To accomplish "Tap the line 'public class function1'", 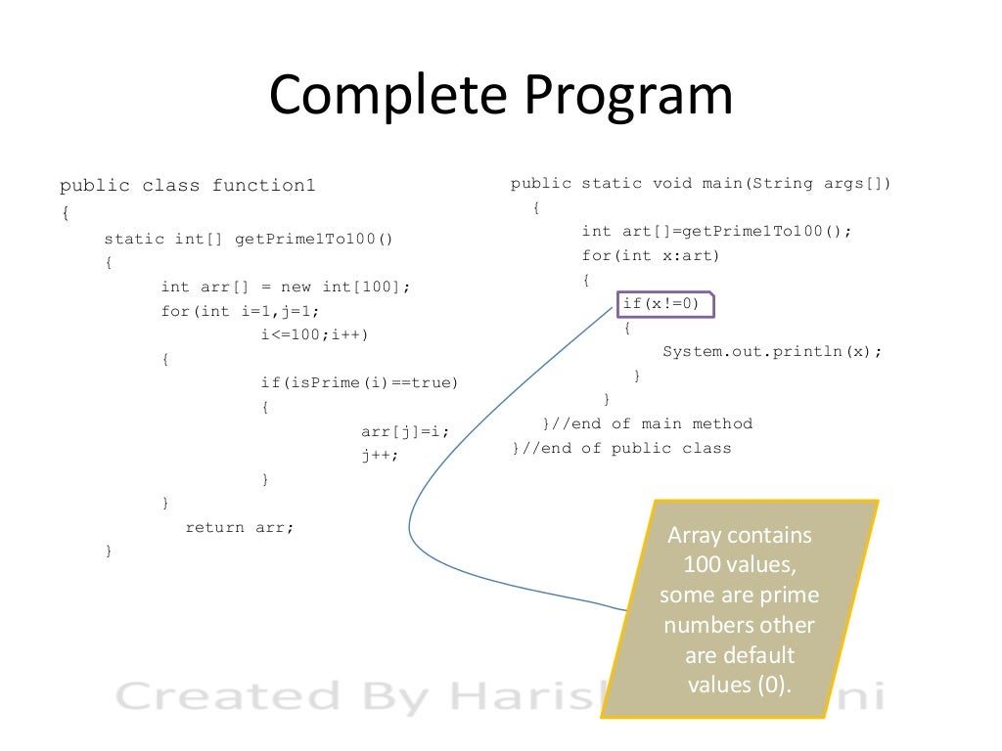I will click(188, 186).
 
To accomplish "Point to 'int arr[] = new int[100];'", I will click(287, 287).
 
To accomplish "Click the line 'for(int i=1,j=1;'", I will click(241, 312).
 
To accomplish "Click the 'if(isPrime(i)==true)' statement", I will click(359, 382).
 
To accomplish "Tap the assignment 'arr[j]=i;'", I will click(405, 430).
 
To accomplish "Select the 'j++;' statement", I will click(381, 455).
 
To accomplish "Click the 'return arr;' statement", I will click(240, 527).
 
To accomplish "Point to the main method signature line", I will click(701, 184).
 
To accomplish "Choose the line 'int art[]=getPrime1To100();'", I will click(717, 232).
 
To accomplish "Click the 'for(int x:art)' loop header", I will click(651, 256).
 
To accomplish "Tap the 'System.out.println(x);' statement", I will click(772, 352).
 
